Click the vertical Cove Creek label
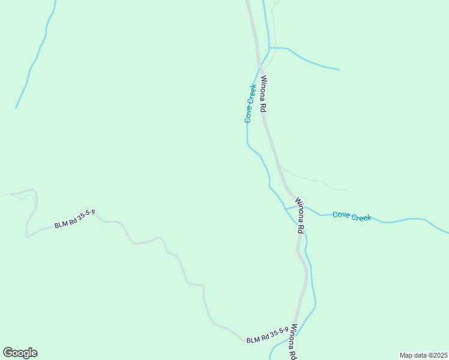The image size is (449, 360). [x=250, y=104]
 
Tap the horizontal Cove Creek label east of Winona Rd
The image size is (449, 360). [x=352, y=216]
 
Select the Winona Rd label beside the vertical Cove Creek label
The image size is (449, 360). [x=263, y=95]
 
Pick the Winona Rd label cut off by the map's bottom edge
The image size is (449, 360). [x=293, y=343]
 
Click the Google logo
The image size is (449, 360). [x=20, y=353]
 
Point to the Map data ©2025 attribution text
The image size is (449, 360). [x=423, y=355]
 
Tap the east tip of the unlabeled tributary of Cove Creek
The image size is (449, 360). [x=339, y=70]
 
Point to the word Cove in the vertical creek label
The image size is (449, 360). [x=249, y=114]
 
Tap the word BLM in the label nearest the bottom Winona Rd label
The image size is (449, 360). [x=253, y=340]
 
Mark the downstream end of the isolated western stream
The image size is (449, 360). [x=16, y=108]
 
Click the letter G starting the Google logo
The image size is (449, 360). [x=8, y=353]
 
